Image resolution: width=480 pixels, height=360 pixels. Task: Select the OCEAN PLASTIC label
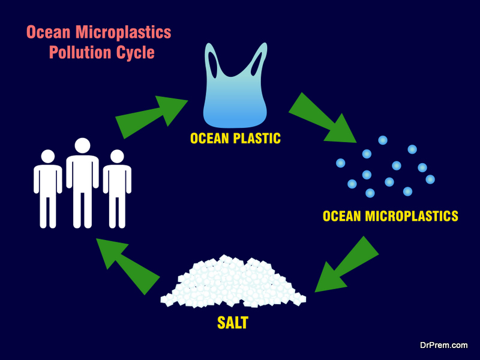235,139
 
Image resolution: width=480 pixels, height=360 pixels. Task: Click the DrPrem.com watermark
443,346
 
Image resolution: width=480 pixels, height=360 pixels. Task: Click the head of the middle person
82,146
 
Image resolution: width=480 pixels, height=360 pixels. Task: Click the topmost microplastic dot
382,140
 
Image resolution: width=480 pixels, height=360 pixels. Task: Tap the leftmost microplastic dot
340,163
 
